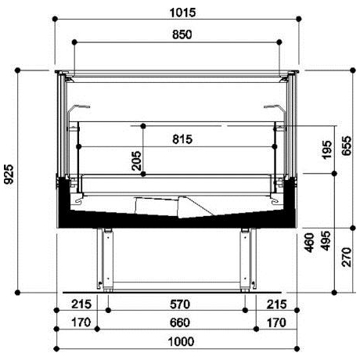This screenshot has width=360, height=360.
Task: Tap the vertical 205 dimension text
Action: [x=136, y=160]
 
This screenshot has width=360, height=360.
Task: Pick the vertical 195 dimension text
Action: [x=327, y=149]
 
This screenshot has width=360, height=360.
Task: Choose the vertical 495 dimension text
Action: [x=327, y=243]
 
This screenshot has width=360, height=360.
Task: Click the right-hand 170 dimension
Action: [x=275, y=322]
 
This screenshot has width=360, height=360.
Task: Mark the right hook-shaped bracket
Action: [x=274, y=107]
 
